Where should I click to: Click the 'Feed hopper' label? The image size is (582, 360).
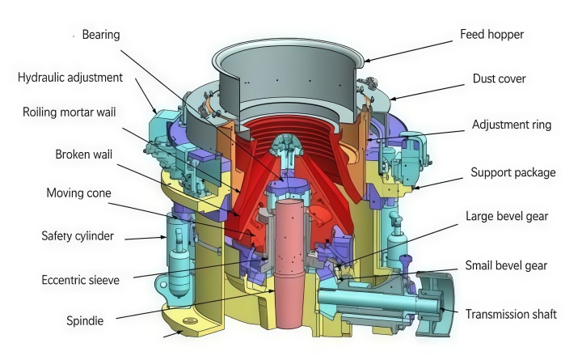pyautogui.click(x=491, y=35)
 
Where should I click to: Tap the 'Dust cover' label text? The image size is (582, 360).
pyautogui.click(x=500, y=78)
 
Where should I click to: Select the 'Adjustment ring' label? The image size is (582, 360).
pyautogui.click(x=512, y=125)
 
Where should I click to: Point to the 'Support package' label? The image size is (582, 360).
pyautogui.click(x=513, y=172)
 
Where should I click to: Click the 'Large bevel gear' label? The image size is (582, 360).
pyautogui.click(x=507, y=216)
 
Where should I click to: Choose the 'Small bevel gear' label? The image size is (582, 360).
pyautogui.click(x=506, y=265)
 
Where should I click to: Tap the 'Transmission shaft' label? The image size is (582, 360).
pyautogui.click(x=511, y=315)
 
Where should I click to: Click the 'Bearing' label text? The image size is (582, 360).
pyautogui.click(x=101, y=35)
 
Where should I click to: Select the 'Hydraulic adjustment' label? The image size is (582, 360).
pyautogui.click(x=70, y=78)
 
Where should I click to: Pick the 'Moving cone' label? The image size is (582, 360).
pyautogui.click(x=78, y=193)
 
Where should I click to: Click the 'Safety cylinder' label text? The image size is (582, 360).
pyautogui.click(x=78, y=236)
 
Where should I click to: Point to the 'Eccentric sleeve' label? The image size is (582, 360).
pyautogui.click(x=81, y=280)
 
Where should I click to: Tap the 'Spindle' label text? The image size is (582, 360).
pyautogui.click(x=85, y=320)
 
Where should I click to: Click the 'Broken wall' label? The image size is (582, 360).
pyautogui.click(x=83, y=155)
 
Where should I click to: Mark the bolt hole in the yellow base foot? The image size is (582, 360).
pyautogui.click(x=190, y=320)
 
